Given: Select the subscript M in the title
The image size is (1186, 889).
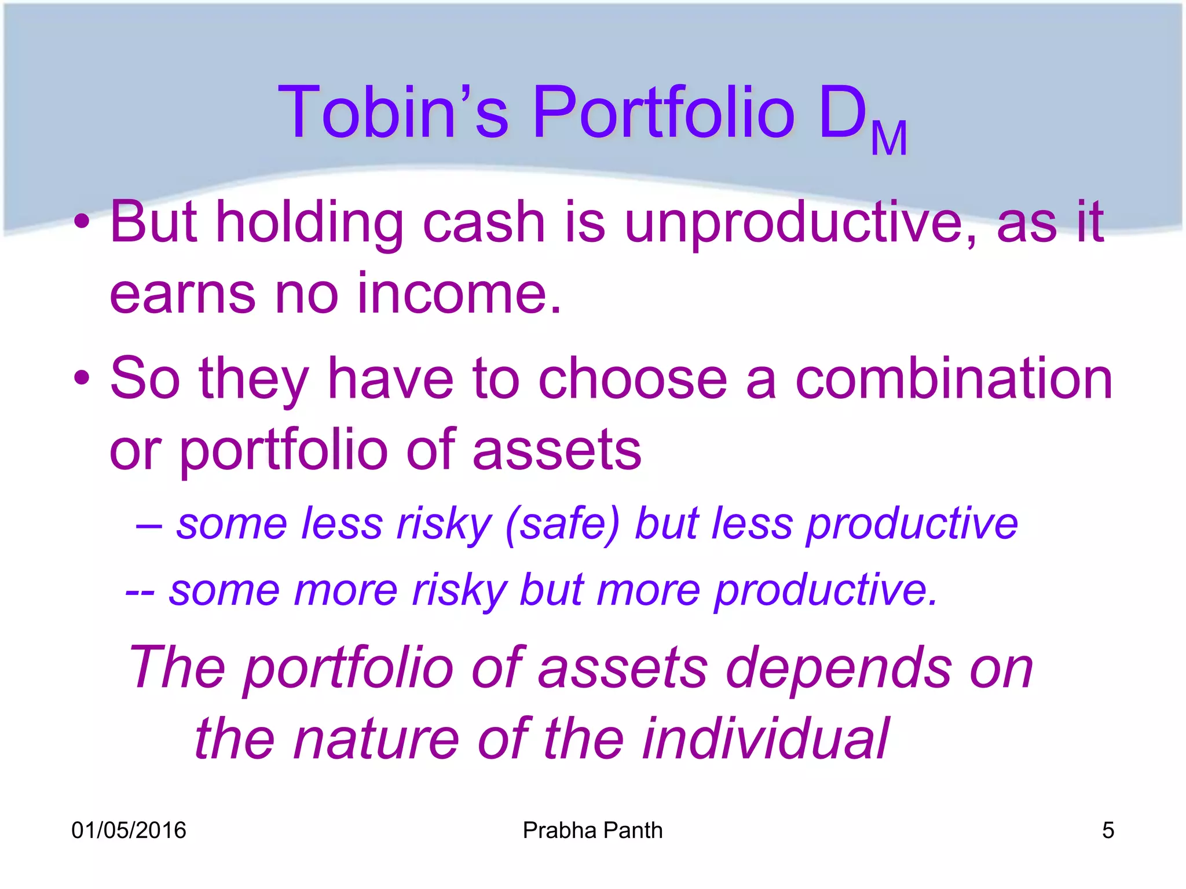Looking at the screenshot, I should tap(888, 139).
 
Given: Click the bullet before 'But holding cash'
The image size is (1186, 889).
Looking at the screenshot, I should tap(82, 222).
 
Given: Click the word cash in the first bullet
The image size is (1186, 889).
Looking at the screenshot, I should tap(484, 223).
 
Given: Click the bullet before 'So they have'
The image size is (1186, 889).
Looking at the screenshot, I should tap(82, 378).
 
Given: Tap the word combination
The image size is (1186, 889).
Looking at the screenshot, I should tap(954, 379).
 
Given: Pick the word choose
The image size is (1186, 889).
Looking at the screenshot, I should tap(632, 379).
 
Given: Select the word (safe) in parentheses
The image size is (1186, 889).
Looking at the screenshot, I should tap(562, 524).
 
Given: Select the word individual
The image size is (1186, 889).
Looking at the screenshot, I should tap(765, 739).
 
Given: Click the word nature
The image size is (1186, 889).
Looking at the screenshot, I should tap(376, 739).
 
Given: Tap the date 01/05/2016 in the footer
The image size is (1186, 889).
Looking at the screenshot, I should tap(129, 830).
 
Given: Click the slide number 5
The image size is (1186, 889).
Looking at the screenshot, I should tap(1108, 830).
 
